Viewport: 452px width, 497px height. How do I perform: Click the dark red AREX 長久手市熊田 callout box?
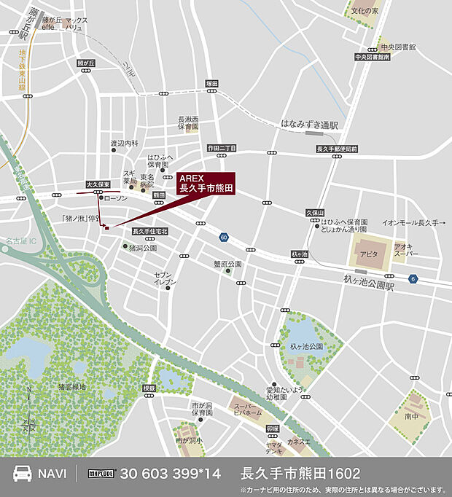tap(206, 183)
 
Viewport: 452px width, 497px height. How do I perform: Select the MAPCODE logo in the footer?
tap(102, 473)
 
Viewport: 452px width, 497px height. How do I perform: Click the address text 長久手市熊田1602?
tap(300, 473)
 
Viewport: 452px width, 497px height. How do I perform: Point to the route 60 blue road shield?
tap(223, 238)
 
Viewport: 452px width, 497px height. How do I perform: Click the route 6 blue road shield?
tap(413, 278)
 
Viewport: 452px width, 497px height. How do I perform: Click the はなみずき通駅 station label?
tap(310, 125)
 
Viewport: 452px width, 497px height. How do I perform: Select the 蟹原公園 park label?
tap(227, 263)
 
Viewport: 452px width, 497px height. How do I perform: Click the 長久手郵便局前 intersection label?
tap(337, 149)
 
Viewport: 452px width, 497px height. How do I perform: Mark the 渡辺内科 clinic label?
tap(124, 144)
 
